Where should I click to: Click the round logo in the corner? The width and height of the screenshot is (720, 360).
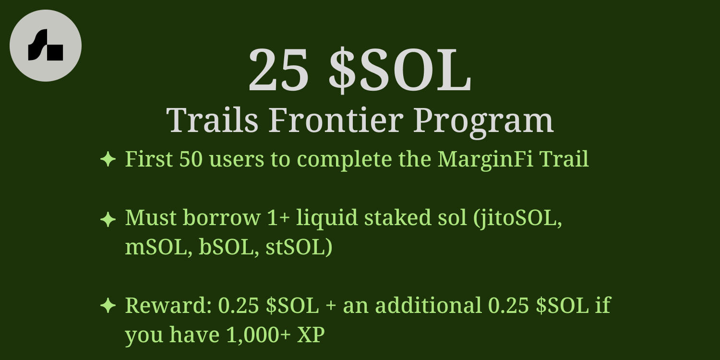pyautogui.click(x=46, y=46)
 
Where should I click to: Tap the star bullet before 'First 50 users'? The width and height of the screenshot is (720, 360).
pyautogui.click(x=108, y=159)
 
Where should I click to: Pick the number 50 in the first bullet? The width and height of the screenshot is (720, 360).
pyautogui.click(x=191, y=159)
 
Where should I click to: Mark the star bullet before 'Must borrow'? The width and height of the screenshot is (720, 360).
pyautogui.click(x=108, y=219)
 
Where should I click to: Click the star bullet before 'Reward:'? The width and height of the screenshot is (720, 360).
pyautogui.click(x=108, y=306)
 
